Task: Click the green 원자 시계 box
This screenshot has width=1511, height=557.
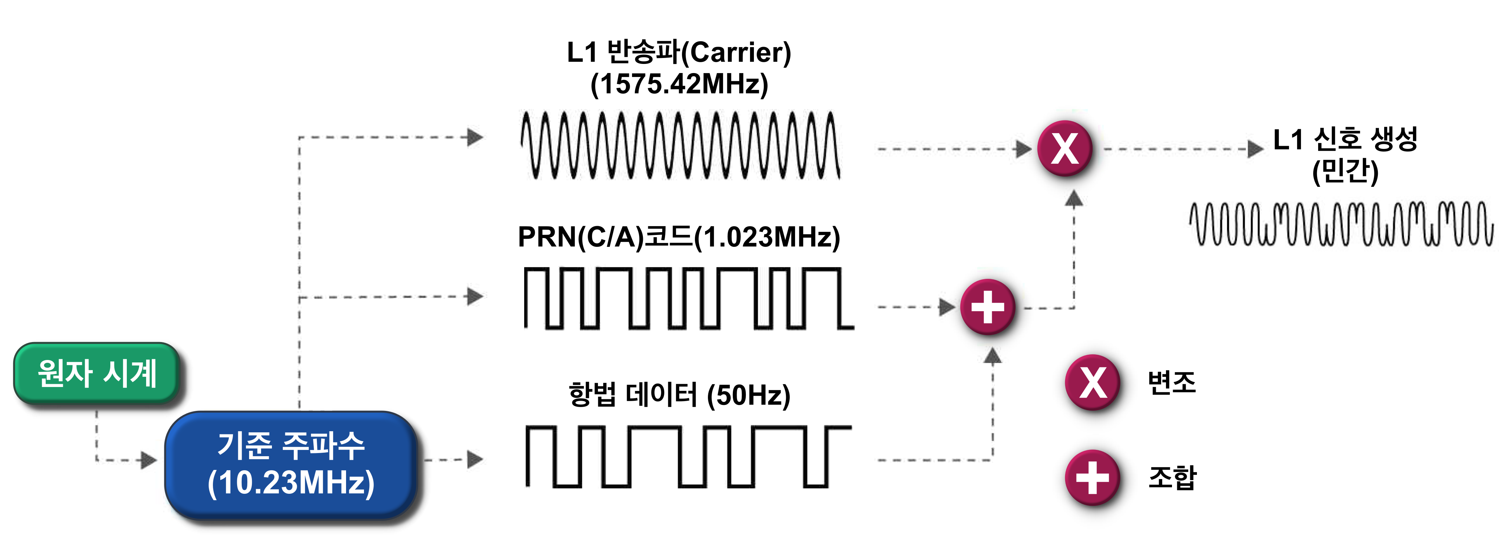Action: [97, 373]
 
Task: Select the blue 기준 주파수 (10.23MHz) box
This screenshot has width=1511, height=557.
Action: [291, 465]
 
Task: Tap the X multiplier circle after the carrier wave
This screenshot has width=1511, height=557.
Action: [1064, 148]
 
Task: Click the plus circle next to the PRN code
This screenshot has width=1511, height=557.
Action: [988, 307]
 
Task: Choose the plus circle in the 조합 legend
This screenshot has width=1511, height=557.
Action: [1092, 477]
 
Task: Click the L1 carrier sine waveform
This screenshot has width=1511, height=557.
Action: [680, 145]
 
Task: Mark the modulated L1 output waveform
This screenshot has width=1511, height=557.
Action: [1341, 224]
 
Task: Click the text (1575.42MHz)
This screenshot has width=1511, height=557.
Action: [679, 84]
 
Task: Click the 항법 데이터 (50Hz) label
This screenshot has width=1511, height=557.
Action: [679, 395]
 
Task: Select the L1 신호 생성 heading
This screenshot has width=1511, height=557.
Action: [1345, 139]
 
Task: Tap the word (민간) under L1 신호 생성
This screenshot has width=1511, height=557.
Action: [1345, 171]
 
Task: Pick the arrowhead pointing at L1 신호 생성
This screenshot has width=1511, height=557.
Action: [1255, 149]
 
